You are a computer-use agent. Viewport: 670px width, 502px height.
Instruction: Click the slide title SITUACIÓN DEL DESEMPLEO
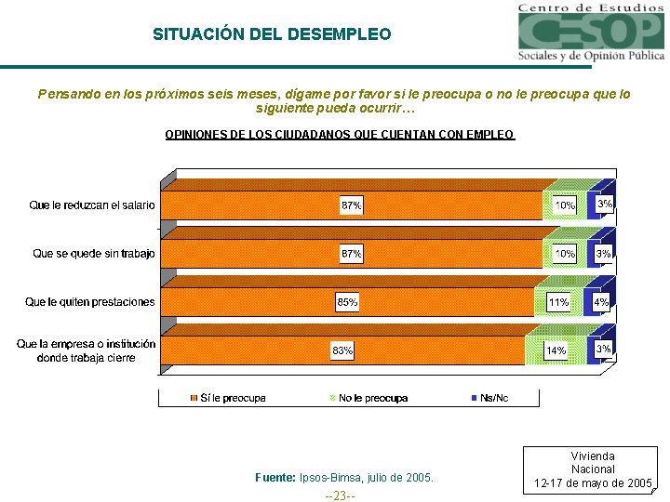coord(272,34)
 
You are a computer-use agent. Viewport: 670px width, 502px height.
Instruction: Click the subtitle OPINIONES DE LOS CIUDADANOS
coord(339,135)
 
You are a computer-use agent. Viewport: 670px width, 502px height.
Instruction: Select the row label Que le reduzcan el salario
coord(92,205)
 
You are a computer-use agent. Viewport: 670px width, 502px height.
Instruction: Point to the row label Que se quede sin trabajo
coord(93,253)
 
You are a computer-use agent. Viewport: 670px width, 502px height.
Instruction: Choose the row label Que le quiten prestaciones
coord(90,301)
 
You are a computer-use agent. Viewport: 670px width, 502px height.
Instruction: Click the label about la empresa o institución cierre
coord(86,350)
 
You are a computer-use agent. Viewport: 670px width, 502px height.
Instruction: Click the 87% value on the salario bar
coord(352,205)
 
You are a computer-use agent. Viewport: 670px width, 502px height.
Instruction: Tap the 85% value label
coord(347,302)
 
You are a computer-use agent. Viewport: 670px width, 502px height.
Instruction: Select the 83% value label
coord(342,350)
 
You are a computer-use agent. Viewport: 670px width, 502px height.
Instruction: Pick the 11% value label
coord(558,302)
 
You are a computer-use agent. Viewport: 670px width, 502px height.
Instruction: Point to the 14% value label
coord(556,350)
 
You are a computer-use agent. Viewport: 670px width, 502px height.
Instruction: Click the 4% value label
coord(602,302)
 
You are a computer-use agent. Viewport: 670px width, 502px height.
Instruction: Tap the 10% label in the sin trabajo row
coord(565,253)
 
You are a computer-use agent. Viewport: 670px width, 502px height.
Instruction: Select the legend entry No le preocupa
coord(372,398)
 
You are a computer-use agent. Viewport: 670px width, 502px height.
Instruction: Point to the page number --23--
coord(340,495)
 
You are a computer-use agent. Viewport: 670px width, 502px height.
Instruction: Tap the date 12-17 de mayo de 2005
coord(593,483)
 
